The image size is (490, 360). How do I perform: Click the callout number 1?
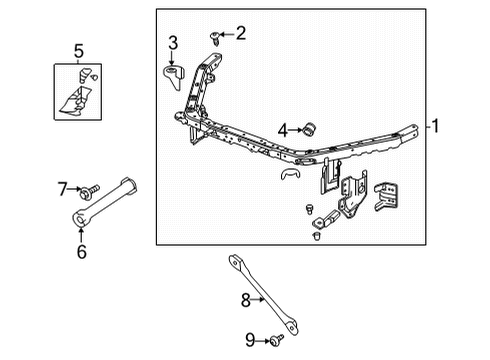click(436, 127)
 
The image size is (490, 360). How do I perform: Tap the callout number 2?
click(240, 34)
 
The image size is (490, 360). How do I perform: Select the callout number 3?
click(173, 42)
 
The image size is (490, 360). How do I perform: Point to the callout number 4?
click(284, 130)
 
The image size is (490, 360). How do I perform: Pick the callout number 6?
click(80, 252)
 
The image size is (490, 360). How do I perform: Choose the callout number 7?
click(61, 188)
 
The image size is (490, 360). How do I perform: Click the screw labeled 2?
click(216, 37)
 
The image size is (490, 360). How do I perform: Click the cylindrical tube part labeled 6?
click(105, 204)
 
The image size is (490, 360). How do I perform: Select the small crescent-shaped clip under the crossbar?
click(289, 176)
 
